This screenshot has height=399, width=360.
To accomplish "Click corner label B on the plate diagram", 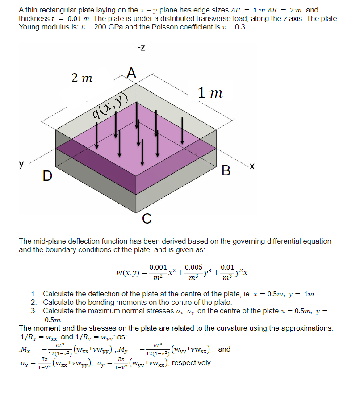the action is point(226,170).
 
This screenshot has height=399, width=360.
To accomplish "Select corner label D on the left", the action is point(47,176).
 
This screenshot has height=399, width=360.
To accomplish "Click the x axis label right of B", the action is point(252,166).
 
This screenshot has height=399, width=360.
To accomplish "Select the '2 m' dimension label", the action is point(82,78).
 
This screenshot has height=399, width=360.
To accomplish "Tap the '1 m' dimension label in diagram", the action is point(210,93).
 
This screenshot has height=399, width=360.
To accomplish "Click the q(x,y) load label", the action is point(110,108).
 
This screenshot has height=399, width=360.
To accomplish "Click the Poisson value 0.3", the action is point(240,27).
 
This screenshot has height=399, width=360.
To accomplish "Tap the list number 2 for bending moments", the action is point(34,302).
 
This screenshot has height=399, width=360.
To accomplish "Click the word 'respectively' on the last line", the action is point(192,362).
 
